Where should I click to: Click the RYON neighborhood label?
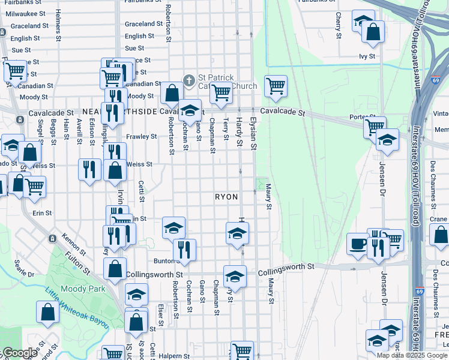[226, 197]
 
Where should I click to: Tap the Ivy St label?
[367, 56]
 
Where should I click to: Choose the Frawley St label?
[141, 136]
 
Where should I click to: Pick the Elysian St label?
[253, 133]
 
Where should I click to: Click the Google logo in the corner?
[19, 353]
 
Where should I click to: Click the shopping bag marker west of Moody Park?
[47, 311]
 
